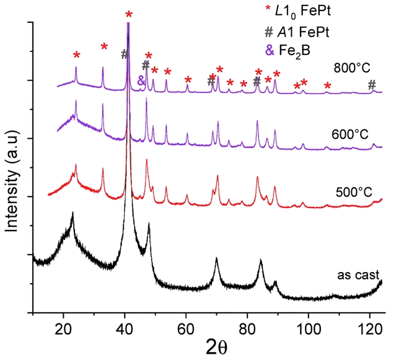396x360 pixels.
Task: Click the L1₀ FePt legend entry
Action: coord(289,11)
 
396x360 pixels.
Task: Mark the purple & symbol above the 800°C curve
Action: coord(141,81)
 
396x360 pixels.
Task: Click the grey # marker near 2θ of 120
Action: coord(371,86)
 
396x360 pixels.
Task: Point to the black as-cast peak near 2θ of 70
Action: coord(216,260)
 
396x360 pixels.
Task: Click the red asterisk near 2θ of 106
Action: coord(328,86)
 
